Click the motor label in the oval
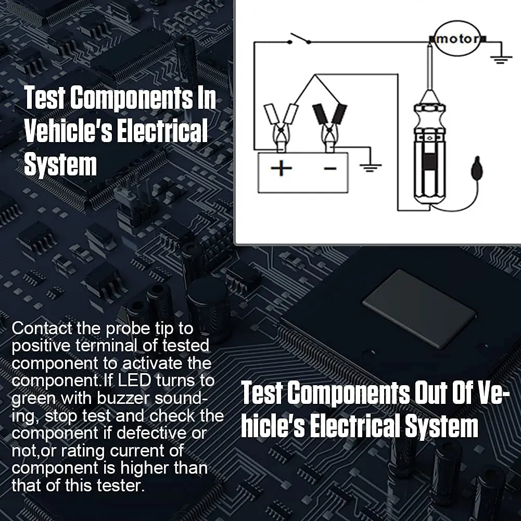coord(458,39)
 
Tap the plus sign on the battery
coord(281,168)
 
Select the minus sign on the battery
coord(330,169)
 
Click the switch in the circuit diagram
coord(300,39)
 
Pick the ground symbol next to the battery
coord(371,168)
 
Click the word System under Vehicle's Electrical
coord(60,164)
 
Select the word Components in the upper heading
coord(132,97)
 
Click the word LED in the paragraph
coord(135,380)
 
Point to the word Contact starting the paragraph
coord(42,328)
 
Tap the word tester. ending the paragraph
coord(121,486)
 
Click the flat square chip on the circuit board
coord(420,309)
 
